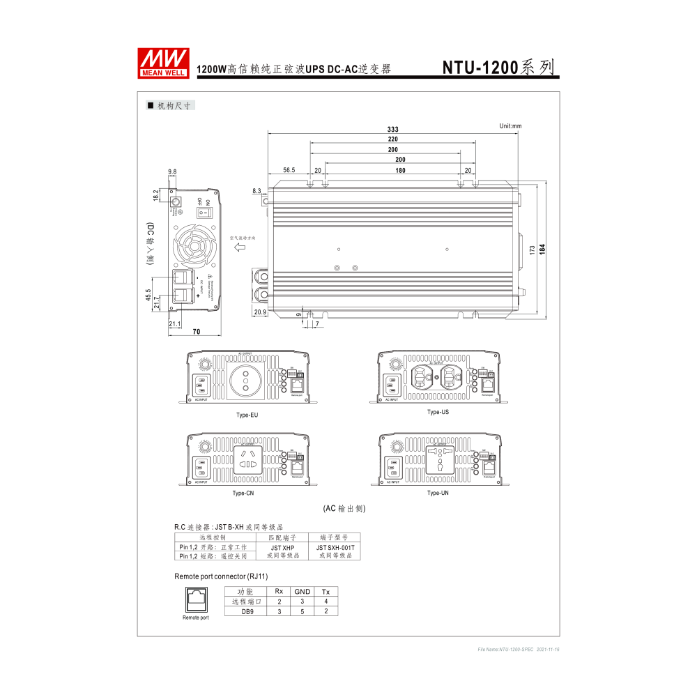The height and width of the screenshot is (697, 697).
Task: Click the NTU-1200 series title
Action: pos(499,67)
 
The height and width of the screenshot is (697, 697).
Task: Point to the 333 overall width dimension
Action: pos(393,130)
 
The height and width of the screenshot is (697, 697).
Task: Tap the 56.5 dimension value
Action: pos(289,170)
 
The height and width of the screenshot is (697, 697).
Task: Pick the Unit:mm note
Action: pos(510,126)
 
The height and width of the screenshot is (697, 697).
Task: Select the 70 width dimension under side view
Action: pos(197,332)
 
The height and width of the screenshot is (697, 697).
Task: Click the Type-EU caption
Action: pos(247,415)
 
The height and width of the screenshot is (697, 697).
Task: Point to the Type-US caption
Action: pos(438,412)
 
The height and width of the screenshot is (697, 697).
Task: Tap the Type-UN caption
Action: pos(438,493)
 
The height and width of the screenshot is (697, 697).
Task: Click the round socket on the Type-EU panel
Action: pos(245,381)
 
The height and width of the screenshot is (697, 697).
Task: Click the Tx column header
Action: pos(325,592)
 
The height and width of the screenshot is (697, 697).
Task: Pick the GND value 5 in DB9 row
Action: pos(302,611)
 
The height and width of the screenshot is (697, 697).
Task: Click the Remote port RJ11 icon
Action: pos(195,599)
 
